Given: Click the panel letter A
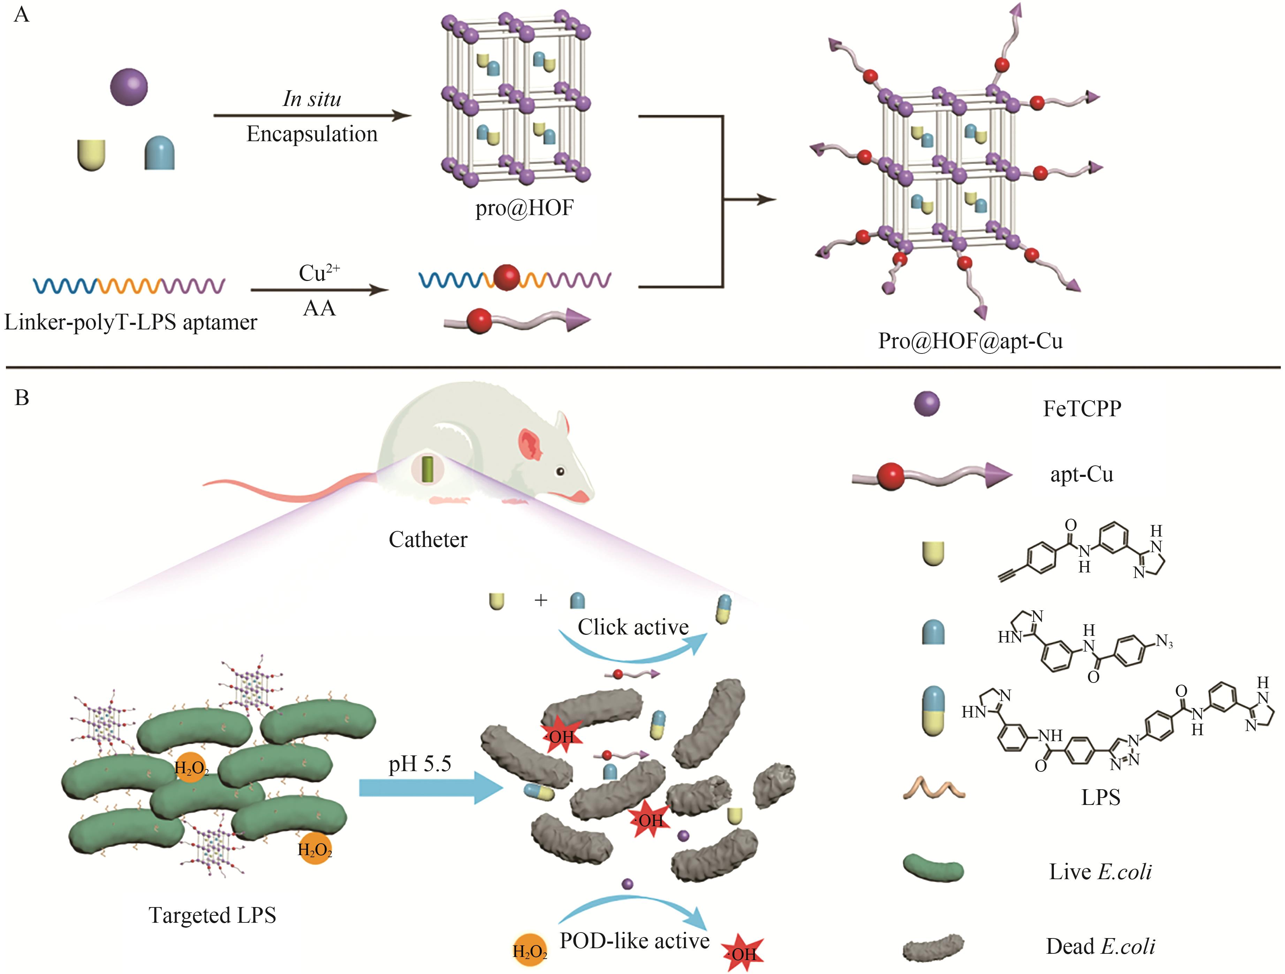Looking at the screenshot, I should pyautogui.click(x=22, y=14).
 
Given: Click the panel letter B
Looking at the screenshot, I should pyautogui.click(x=22, y=398).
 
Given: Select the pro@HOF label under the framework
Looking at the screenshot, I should pyautogui.click(x=524, y=208).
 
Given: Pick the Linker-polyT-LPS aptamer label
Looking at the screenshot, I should pyautogui.click(x=131, y=322).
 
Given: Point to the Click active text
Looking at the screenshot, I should pyautogui.click(x=633, y=627).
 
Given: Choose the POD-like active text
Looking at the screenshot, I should pyautogui.click(x=634, y=940).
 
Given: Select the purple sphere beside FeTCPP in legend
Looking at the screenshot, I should pyautogui.click(x=927, y=404).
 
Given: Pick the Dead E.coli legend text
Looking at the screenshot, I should pyautogui.click(x=1100, y=946).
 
